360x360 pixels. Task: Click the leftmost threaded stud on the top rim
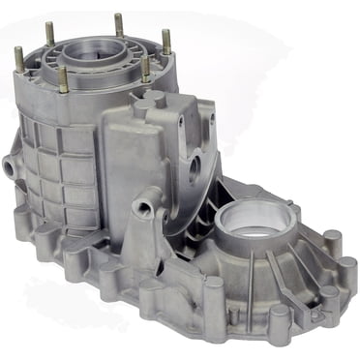18,58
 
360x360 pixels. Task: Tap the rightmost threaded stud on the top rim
165,42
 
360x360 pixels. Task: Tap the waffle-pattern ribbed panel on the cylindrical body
58,169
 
